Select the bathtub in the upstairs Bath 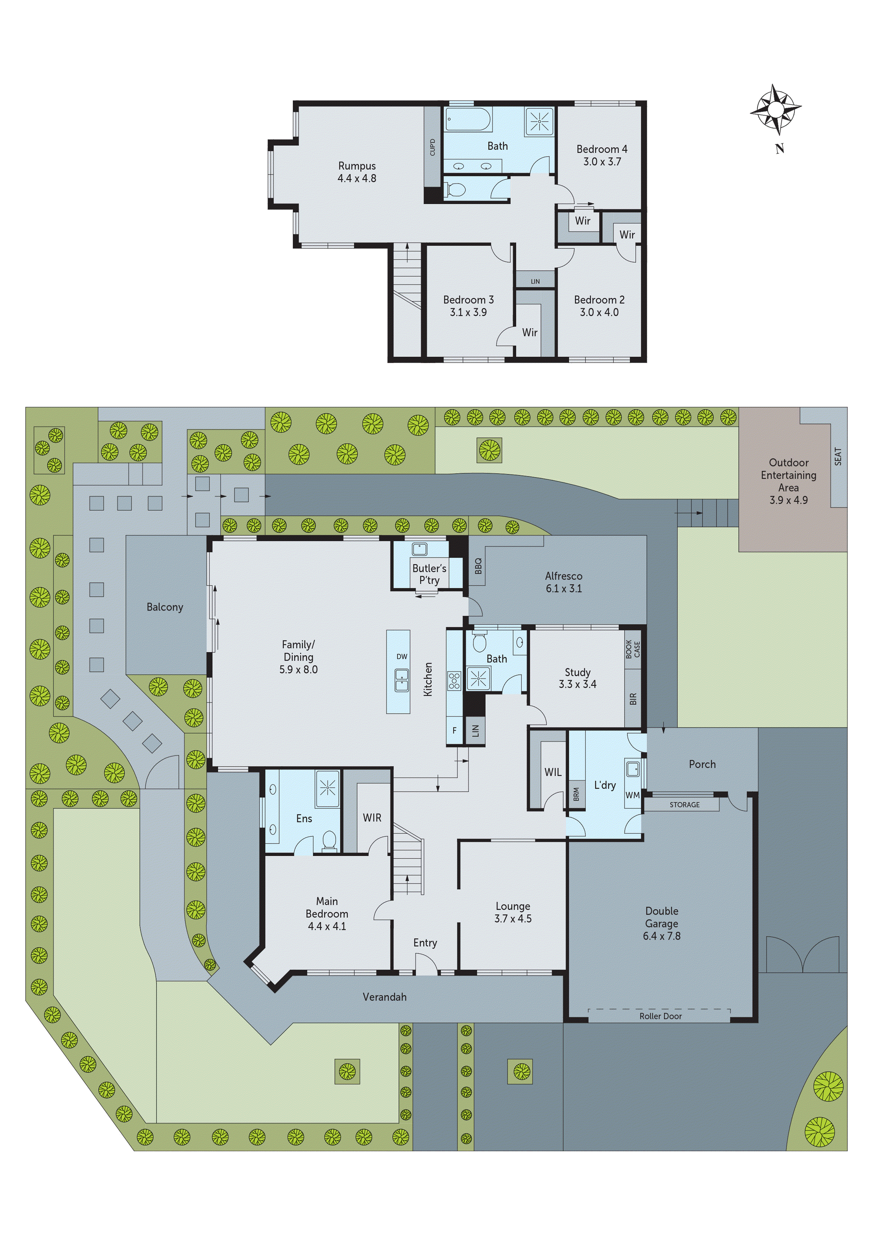pos(468,119)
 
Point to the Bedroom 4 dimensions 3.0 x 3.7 pos(602,161)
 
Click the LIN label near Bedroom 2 pos(535,281)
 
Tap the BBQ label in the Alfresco pos(478,565)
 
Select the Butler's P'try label pos(429,574)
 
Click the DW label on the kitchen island pos(402,656)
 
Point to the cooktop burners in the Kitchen pos(454,681)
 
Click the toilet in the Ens pos(329,840)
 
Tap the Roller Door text pos(660,1016)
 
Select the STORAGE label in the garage pos(684,805)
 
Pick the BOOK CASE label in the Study pos(633,649)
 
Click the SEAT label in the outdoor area pos(837,456)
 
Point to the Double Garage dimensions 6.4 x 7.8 pos(661,936)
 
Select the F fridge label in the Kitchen pos(454,731)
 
